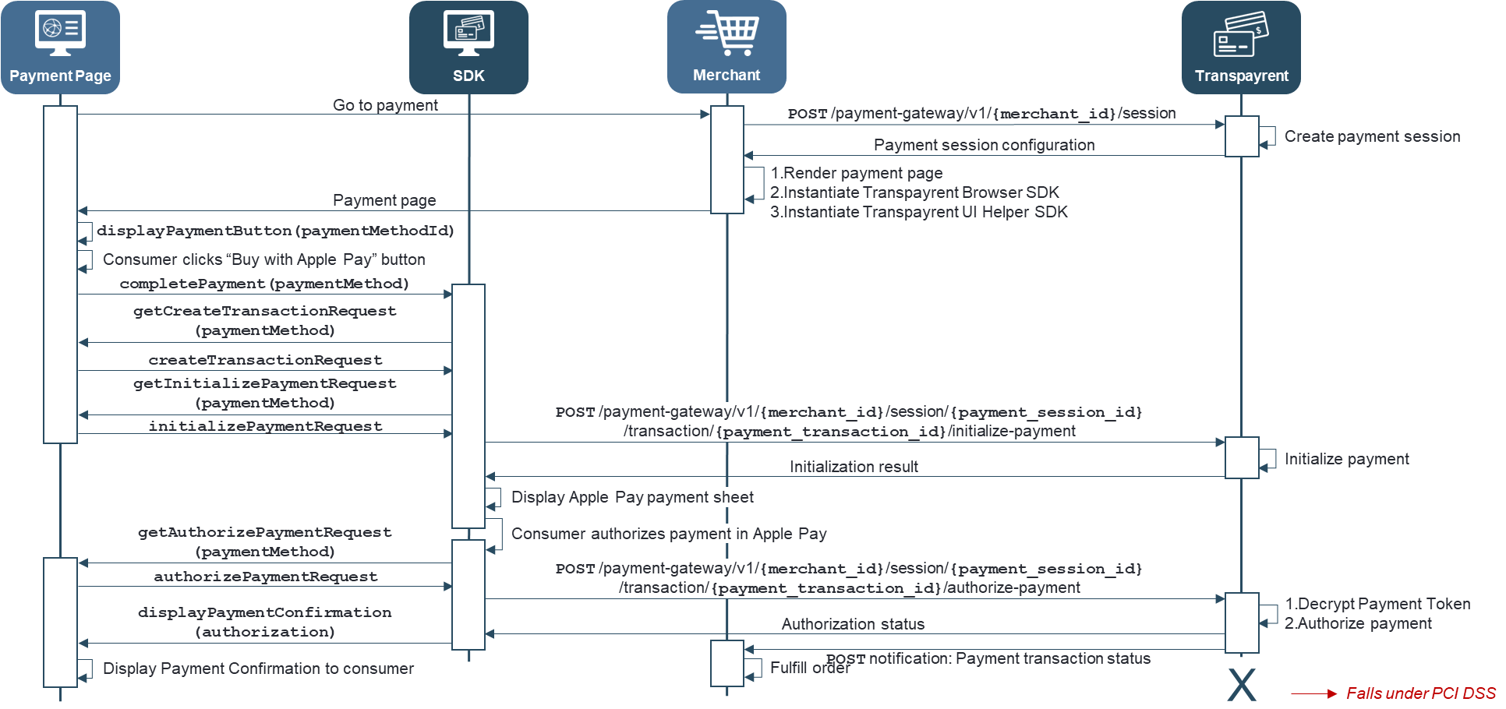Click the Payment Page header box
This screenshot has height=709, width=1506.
pyautogui.click(x=60, y=48)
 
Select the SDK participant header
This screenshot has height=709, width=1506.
pyautogui.click(x=468, y=48)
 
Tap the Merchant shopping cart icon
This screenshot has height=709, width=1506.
pyautogui.click(x=726, y=33)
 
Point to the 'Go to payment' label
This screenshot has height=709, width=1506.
pyautogui.click(x=385, y=105)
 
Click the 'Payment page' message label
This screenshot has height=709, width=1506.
pyautogui.click(x=384, y=200)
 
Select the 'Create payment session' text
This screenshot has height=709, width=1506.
pyautogui.click(x=1372, y=136)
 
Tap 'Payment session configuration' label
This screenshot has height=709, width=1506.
pyautogui.click(x=984, y=145)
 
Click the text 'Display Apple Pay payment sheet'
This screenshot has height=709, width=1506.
pyautogui.click(x=632, y=497)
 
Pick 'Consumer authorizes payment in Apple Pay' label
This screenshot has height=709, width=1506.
pyautogui.click(x=669, y=534)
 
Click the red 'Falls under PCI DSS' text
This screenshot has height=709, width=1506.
pyautogui.click(x=1420, y=693)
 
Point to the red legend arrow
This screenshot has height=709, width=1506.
pyautogui.click(x=1313, y=693)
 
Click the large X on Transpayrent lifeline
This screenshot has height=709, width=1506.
pyautogui.click(x=1241, y=685)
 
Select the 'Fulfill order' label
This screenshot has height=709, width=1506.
pyautogui.click(x=809, y=668)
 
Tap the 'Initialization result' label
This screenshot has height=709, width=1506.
pyautogui.click(x=854, y=467)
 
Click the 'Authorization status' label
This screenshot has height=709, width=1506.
pyautogui.click(x=853, y=624)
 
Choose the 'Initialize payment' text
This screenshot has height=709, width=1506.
pyautogui.click(x=1346, y=459)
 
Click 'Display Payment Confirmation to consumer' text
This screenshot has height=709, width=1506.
pyautogui.click(x=258, y=668)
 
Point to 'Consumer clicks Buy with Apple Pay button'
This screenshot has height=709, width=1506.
pyautogui.click(x=263, y=259)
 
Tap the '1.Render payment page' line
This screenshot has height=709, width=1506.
pyautogui.click(x=856, y=173)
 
